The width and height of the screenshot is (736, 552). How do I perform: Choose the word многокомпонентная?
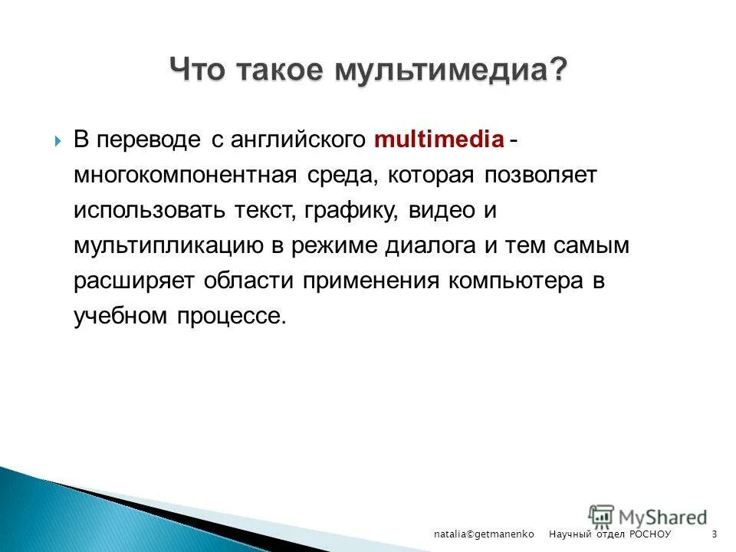tap(185, 176)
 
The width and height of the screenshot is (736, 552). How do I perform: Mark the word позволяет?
tap(539, 176)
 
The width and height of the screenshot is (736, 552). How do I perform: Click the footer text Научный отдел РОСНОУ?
tap(609, 534)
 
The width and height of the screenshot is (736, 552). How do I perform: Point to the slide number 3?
tap(715, 534)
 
